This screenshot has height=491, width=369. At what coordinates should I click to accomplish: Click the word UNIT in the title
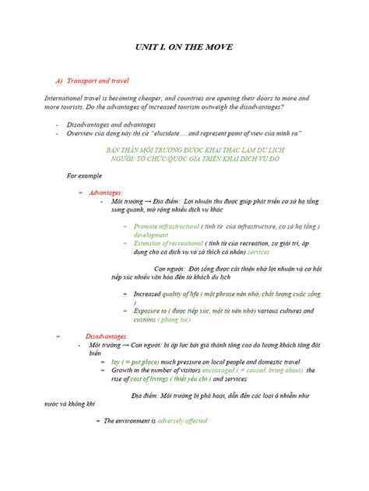(137, 48)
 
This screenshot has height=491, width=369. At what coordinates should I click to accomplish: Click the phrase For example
(83, 176)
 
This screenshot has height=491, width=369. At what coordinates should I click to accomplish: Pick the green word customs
(145, 319)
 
